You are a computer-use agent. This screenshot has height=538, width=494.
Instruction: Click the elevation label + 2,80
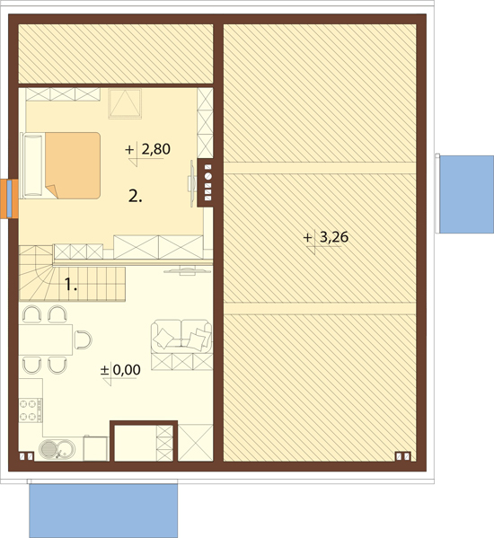coord(148,150)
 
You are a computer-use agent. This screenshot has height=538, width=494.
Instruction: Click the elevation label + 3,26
coord(326,237)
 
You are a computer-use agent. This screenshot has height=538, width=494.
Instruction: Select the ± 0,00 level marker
coord(120,370)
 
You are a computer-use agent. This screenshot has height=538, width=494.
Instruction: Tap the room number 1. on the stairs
coord(71,285)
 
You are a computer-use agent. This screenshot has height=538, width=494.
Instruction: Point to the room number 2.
coord(135,197)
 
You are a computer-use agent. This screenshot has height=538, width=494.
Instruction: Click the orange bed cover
coord(73,165)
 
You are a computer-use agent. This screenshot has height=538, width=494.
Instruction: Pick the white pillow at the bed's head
coord(33,165)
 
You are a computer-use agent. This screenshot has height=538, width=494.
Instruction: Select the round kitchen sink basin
coord(49,448)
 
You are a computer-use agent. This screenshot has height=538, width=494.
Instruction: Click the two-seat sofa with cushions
coord(181,336)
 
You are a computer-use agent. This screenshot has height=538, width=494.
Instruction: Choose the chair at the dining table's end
coord(84,340)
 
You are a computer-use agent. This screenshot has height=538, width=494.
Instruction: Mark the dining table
coord(46,340)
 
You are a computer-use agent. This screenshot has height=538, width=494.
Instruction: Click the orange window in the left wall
coord(9,198)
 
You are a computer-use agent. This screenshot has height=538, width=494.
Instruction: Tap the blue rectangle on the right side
coord(466,195)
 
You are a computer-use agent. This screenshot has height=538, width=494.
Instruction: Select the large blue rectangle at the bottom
coord(103,511)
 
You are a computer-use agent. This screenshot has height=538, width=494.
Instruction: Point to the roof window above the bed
coord(125,103)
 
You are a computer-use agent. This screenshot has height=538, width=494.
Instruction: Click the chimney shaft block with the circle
coord(205,182)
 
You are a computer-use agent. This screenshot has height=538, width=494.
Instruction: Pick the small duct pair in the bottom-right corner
coord(403,456)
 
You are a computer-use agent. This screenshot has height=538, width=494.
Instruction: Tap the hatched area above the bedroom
coord(116,54)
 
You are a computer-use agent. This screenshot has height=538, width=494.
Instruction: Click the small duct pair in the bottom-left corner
coord(26,456)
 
